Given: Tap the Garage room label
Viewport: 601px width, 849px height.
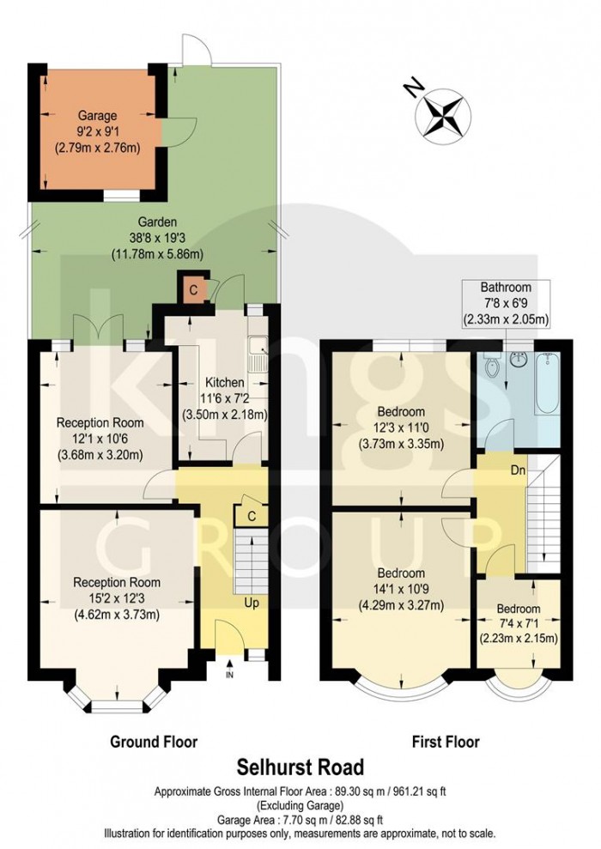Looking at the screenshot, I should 97,114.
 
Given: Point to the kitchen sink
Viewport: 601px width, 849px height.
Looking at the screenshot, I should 257,349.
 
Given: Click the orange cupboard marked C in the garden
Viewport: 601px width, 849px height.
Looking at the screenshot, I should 193,290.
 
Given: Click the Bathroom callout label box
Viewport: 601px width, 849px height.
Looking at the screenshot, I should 507,303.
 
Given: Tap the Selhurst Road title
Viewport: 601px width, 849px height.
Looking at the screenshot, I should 300,766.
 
